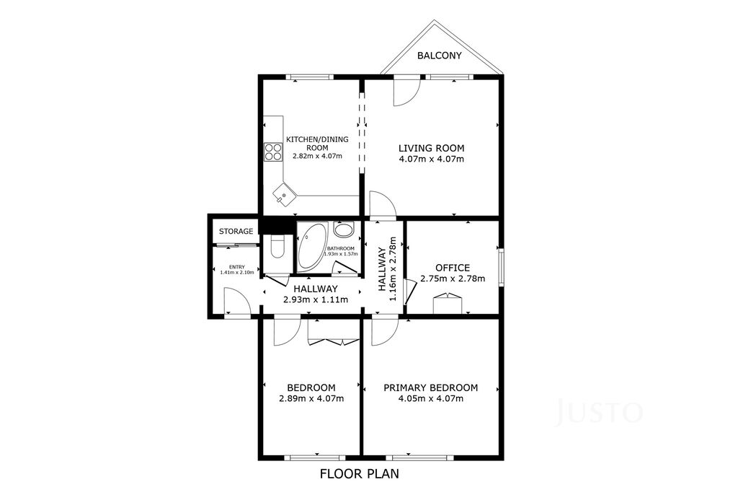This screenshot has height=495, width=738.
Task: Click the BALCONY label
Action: [440, 56]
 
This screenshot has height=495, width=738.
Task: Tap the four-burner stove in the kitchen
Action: [273, 152]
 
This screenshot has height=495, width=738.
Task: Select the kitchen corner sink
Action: [284, 193]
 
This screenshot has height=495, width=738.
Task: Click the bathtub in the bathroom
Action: [311, 247]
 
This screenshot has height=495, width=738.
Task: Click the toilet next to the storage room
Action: [277, 246]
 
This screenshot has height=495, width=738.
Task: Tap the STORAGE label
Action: [236, 232]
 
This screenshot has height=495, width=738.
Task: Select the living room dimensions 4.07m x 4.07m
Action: [432, 159]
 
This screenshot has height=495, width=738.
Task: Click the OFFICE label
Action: [453, 268]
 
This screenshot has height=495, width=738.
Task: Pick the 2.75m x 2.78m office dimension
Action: [453, 279]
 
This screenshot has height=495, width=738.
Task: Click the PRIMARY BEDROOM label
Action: [431, 387]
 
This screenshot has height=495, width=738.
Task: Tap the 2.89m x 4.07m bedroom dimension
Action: [311, 398]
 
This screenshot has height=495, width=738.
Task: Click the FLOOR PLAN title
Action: [360, 473]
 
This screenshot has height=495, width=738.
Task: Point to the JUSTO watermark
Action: [599, 412]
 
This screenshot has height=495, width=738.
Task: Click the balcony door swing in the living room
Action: [406, 91]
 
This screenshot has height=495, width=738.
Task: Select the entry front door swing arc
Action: [236, 302]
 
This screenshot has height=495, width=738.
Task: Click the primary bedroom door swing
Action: [385, 332]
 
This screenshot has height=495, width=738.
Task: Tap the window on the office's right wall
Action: [502, 267]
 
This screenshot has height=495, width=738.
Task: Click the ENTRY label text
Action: [236, 267]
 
